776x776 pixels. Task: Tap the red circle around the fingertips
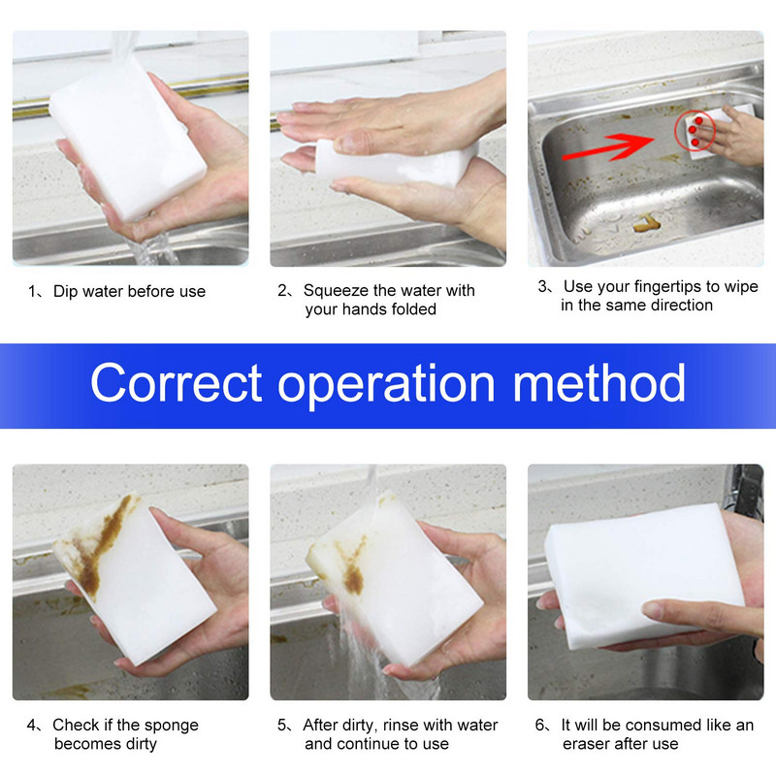[x=694, y=128]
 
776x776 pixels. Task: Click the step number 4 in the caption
[x=32, y=726]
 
